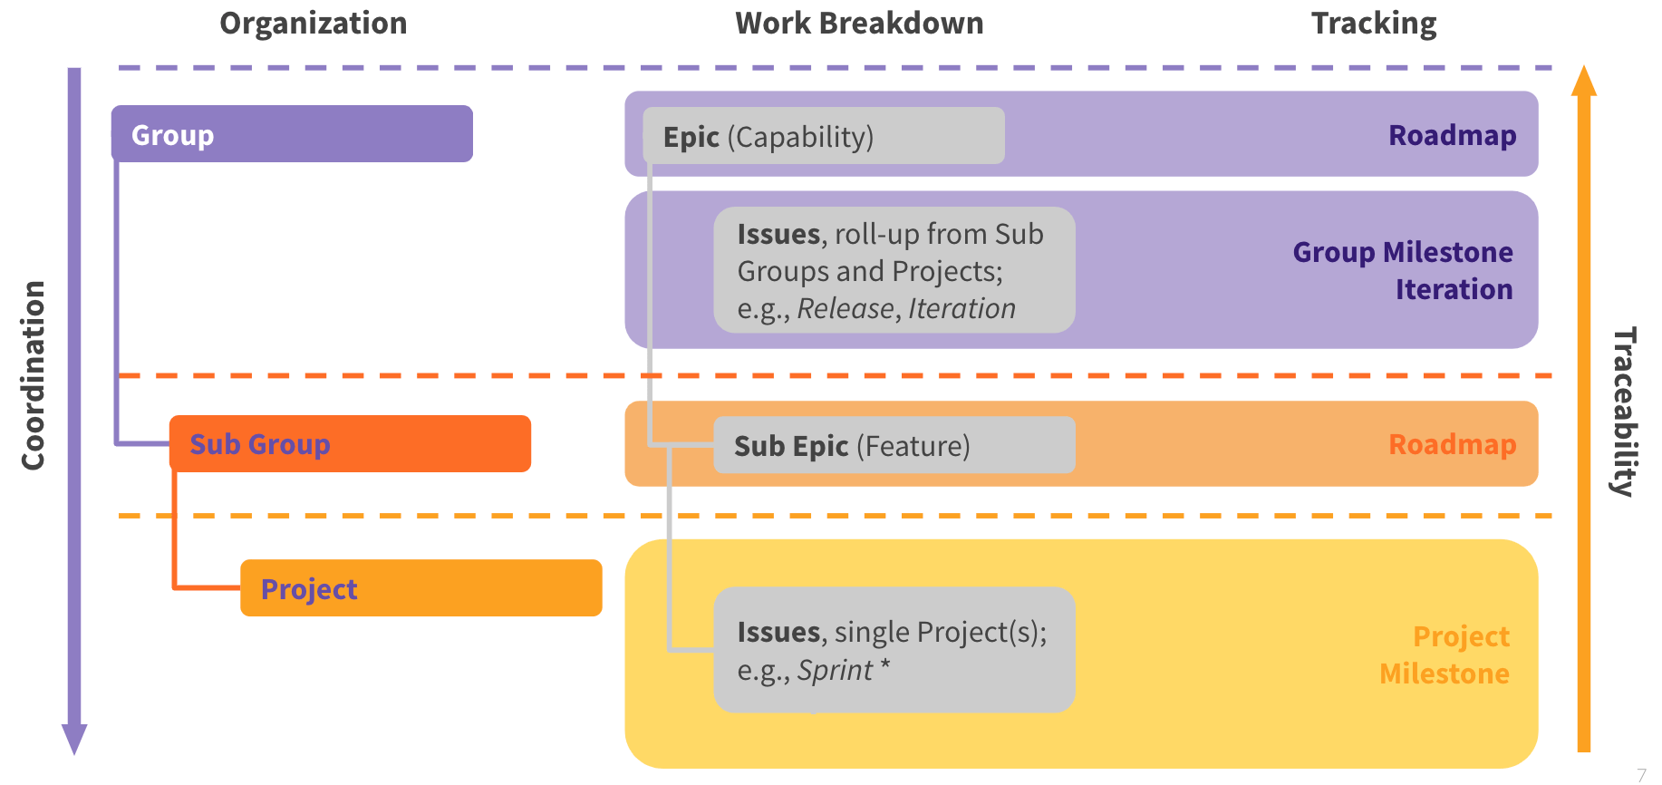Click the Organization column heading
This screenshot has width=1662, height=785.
click(x=314, y=24)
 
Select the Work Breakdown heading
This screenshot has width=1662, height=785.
click(x=859, y=24)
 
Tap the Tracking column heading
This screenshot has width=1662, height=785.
click(x=1374, y=24)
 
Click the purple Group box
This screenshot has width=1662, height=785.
click(x=292, y=134)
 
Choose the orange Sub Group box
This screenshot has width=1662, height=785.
click(x=350, y=444)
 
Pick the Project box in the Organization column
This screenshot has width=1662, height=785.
click(x=420, y=588)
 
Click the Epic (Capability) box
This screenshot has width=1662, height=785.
click(x=823, y=136)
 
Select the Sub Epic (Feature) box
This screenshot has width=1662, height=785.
click(x=894, y=445)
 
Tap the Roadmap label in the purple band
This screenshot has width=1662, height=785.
click(x=1452, y=135)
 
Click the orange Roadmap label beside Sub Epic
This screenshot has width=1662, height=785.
click(x=1452, y=444)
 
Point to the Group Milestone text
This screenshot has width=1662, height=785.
click(x=1402, y=252)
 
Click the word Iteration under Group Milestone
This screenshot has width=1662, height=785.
click(x=1454, y=289)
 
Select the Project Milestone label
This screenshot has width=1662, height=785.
click(x=1445, y=654)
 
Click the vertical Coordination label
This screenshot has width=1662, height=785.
click(x=34, y=375)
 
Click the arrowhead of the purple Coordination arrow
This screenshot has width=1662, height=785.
click(x=74, y=738)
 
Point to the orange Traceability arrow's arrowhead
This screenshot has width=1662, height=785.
click(x=1583, y=82)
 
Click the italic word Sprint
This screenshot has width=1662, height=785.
click(x=835, y=670)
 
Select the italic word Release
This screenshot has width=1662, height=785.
click(x=845, y=309)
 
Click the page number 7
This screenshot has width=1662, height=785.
click(x=1641, y=775)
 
